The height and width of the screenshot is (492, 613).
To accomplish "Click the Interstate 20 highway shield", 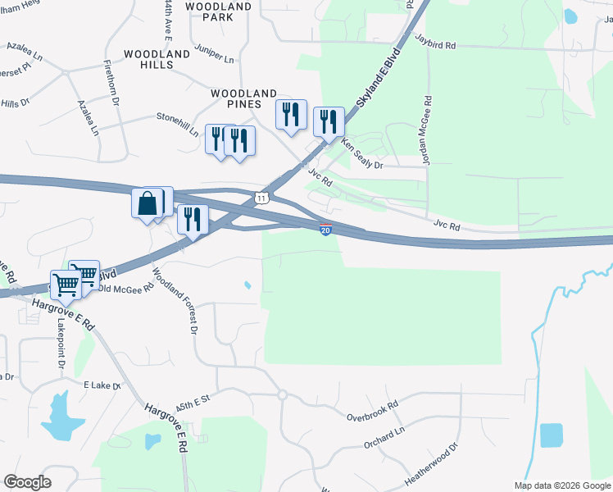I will [325, 230].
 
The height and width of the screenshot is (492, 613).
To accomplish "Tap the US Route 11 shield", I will [261, 198].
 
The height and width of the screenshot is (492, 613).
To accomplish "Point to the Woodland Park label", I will [218, 11].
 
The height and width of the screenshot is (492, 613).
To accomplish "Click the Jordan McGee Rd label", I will [427, 131].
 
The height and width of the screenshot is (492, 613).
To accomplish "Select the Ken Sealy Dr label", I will [361, 153].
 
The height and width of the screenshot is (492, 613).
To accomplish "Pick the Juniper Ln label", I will [216, 54].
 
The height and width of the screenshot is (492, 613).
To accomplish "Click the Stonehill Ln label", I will [178, 123].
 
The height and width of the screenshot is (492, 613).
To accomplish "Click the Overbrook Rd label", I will [372, 411].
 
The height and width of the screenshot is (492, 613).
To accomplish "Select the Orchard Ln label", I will [384, 438].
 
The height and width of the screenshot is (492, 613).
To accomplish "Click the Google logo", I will [26, 482].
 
